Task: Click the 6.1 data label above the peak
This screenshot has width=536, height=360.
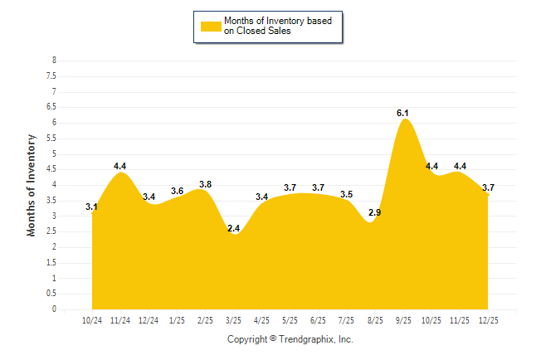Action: coord(402,112)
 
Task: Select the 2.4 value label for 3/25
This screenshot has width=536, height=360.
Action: coord(233,228)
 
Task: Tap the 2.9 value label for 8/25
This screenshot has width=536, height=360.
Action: coord(374,213)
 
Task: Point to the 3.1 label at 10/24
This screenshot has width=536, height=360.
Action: coord(92,207)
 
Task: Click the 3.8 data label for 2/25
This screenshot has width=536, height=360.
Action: coord(205,183)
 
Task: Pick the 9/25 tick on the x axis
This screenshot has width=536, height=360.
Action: coord(403,319)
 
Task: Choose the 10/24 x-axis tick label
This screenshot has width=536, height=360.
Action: coord(93,319)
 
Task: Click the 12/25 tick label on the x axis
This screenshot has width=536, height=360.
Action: coord(488,319)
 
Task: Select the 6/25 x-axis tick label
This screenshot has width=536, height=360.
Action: coord(319,319)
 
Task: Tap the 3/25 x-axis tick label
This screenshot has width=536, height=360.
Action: coord(234,319)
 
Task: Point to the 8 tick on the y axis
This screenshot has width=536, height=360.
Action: coord(54,61)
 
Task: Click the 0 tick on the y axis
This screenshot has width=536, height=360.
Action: coord(54,309)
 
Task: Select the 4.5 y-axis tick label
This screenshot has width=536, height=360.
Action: coord(52,169)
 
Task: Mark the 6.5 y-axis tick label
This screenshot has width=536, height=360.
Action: coord(52,107)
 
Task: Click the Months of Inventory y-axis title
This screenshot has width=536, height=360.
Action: coord(32,185)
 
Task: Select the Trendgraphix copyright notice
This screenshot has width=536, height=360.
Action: coord(290,339)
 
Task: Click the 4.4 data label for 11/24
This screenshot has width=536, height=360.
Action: coord(120,166)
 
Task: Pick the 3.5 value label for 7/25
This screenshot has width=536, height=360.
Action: coord(346,194)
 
